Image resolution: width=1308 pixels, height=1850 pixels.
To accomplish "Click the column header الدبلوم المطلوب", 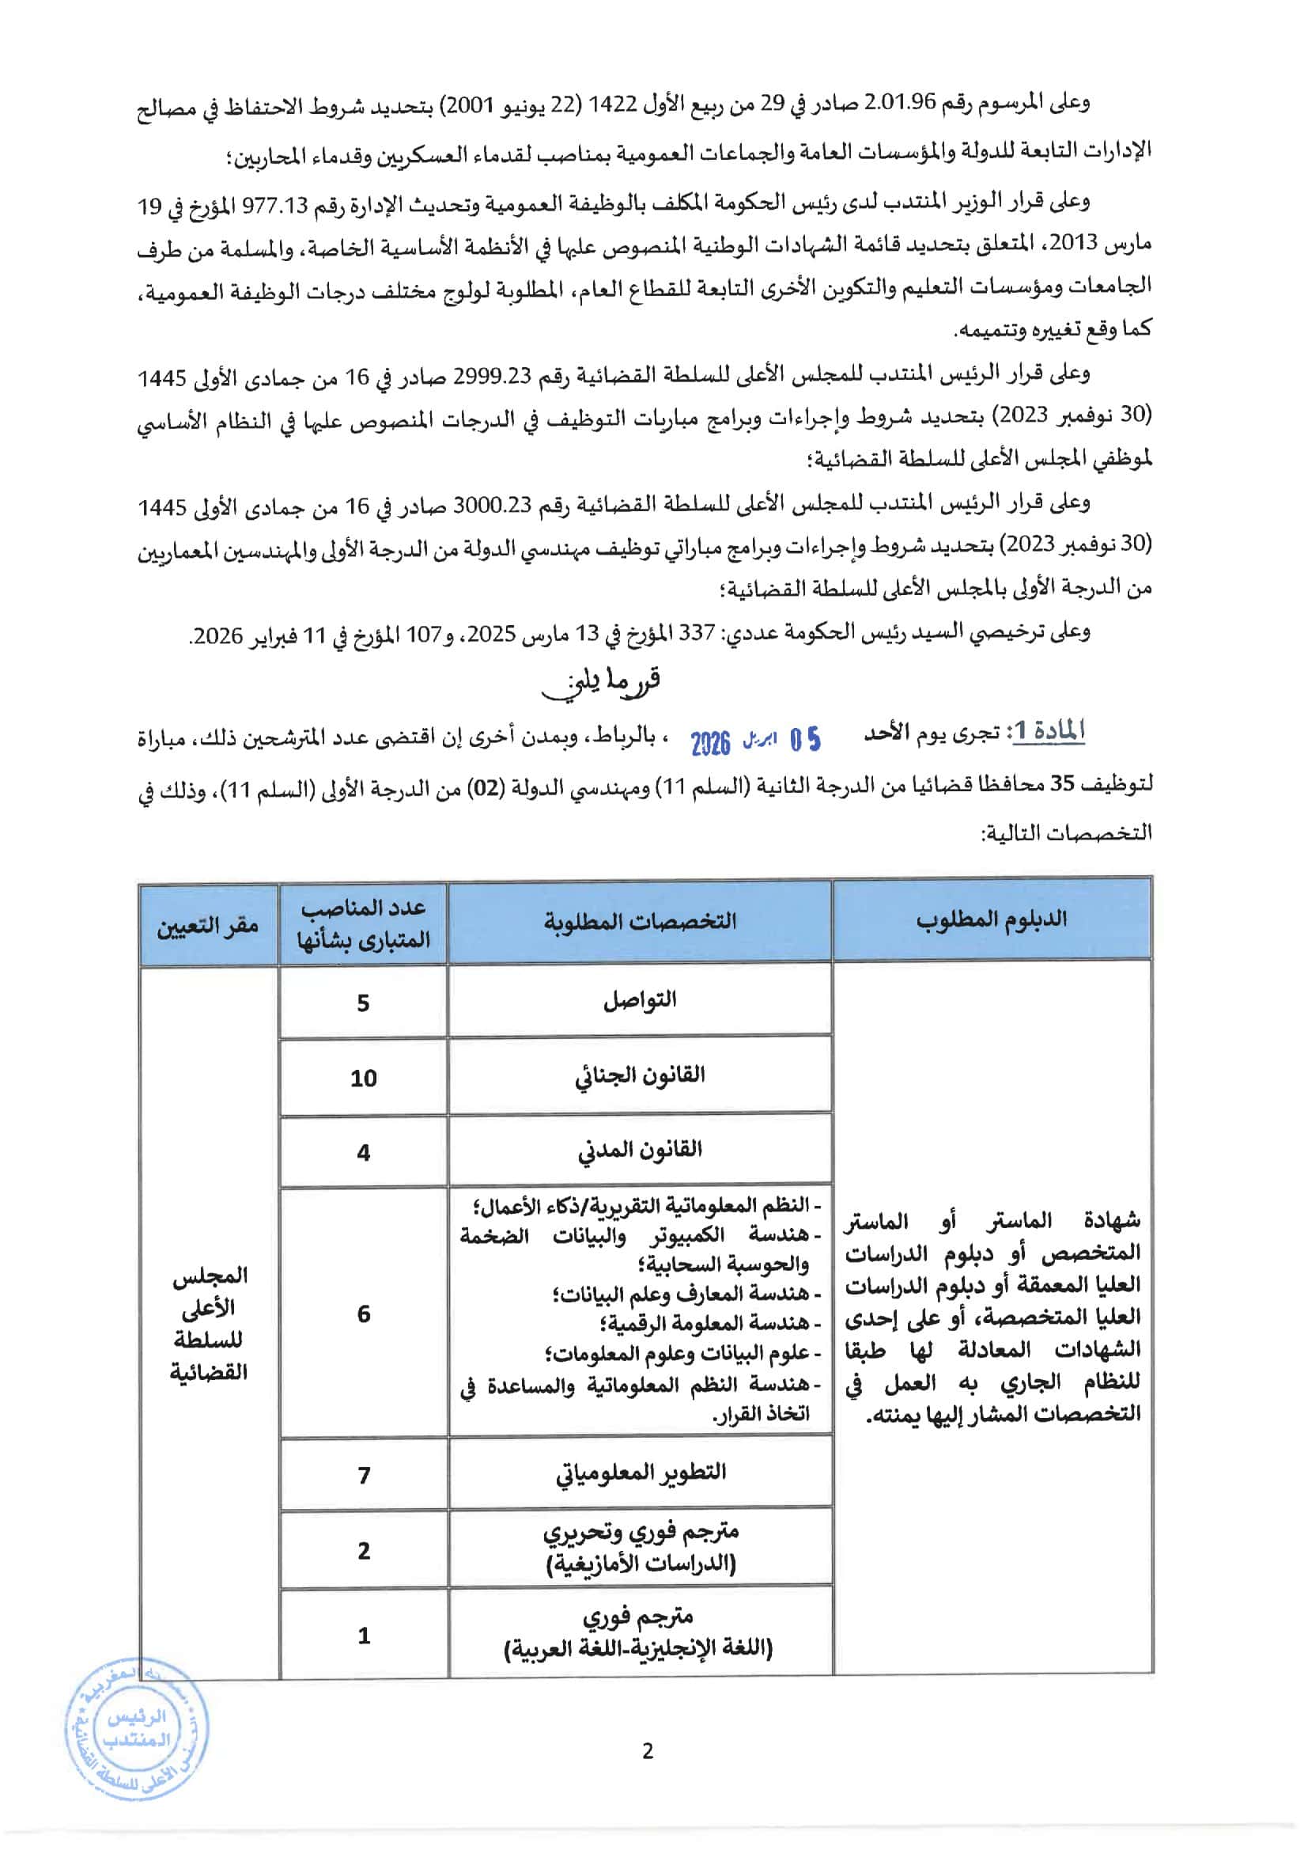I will pos(991,920).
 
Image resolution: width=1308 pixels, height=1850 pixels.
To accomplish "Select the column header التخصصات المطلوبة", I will pos(640,921).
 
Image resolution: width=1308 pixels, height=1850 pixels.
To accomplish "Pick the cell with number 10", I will pos(363,1078).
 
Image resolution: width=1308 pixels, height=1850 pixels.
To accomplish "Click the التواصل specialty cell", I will pos(640,1001).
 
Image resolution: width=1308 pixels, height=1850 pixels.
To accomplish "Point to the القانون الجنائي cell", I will pos(640,1075).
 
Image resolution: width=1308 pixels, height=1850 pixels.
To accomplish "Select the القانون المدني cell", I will pos(640,1151).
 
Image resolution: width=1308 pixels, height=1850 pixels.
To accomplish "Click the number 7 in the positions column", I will pos(363,1474).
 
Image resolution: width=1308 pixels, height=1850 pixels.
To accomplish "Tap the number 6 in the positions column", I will pos(363,1314).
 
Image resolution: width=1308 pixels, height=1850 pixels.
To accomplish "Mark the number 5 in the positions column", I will pos(363,1003).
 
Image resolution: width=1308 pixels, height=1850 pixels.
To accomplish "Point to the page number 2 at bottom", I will pos(648,1751).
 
